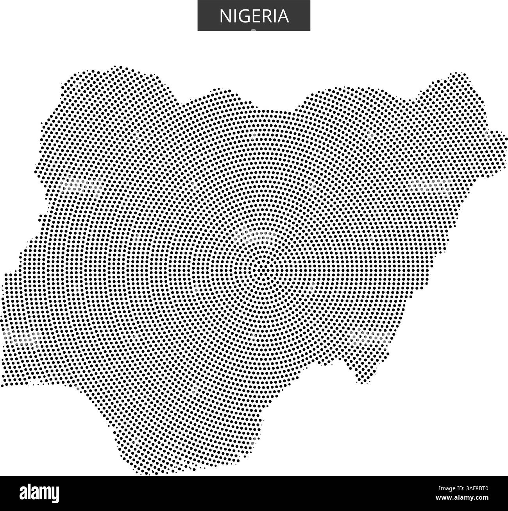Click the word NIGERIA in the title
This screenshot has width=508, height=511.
(254, 16)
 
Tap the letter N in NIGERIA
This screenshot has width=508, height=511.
(225, 16)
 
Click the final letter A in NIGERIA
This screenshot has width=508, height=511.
(283, 16)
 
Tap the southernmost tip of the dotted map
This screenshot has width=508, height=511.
(147, 473)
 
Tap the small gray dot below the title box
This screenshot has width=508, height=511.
(254, 30)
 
